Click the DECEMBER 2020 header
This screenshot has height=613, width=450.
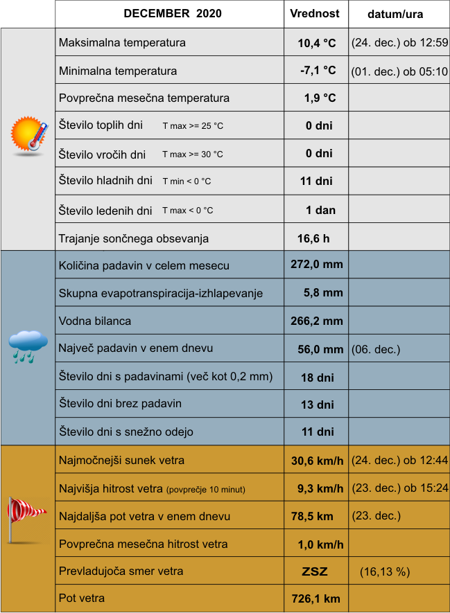pos(173,14)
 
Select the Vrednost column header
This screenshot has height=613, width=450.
pos(315,14)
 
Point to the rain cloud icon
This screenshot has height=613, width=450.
pos(28,346)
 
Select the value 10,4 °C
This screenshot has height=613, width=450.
pos(317,43)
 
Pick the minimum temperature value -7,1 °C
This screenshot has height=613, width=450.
pos(318,71)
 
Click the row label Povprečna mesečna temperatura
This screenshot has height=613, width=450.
pos(144,98)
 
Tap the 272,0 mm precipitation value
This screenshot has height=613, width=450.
pos(317,265)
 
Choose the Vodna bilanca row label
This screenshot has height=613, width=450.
pos(95,321)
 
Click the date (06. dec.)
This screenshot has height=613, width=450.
pos(376,349)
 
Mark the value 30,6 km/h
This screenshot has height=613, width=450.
pos(317,460)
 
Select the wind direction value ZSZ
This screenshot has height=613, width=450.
pos(315,572)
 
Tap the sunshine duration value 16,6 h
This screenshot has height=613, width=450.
pos(313,238)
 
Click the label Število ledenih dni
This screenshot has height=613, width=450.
pos(105,211)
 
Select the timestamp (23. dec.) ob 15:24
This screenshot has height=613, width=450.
pos(399,488)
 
